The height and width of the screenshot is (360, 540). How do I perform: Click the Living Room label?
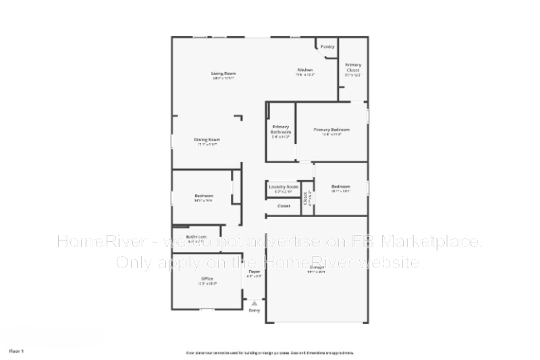[x=223, y=74]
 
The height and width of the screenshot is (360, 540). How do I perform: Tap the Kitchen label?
[x=305, y=70]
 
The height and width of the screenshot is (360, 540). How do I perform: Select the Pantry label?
[x=327, y=47]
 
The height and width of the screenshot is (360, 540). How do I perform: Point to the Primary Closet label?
[x=352, y=68]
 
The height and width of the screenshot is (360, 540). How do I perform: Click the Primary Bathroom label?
[x=281, y=129]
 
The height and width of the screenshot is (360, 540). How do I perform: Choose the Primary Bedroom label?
[x=331, y=129]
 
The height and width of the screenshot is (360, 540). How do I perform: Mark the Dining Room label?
[x=207, y=140]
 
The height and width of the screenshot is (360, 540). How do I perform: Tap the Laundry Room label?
[x=283, y=187]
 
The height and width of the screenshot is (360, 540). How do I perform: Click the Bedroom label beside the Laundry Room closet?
[x=341, y=186]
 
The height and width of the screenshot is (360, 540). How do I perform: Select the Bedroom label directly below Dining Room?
[x=203, y=196]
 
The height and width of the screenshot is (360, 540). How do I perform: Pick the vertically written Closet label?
[x=306, y=199]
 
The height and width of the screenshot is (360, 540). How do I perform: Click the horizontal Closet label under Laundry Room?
[x=284, y=206]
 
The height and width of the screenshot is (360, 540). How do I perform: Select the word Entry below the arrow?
[x=254, y=310]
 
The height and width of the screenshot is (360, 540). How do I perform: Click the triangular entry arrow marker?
[x=254, y=303]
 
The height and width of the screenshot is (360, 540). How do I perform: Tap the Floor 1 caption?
[x=16, y=351]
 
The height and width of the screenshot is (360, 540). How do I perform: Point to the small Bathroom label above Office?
[x=196, y=237]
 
